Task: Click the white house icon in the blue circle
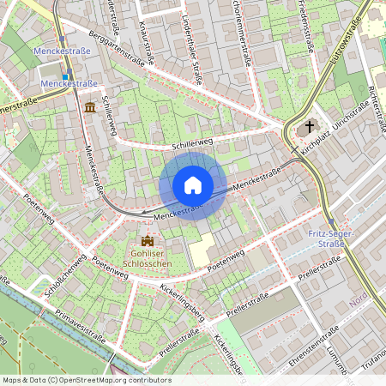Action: [x=193, y=185]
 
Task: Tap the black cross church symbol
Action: [x=309, y=127]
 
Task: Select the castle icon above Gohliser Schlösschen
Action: [x=146, y=241]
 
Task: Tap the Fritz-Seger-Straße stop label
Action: [x=325, y=238]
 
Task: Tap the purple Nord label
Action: [x=358, y=301]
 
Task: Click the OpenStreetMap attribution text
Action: [x=86, y=379]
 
